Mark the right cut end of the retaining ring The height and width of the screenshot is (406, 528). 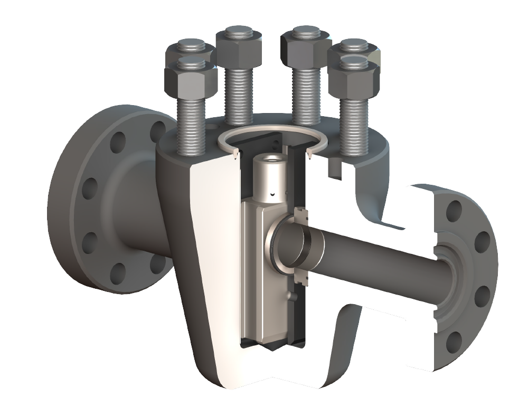[308, 155]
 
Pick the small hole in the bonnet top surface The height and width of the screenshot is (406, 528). [211, 127]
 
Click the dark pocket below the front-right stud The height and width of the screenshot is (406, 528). [334, 168]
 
